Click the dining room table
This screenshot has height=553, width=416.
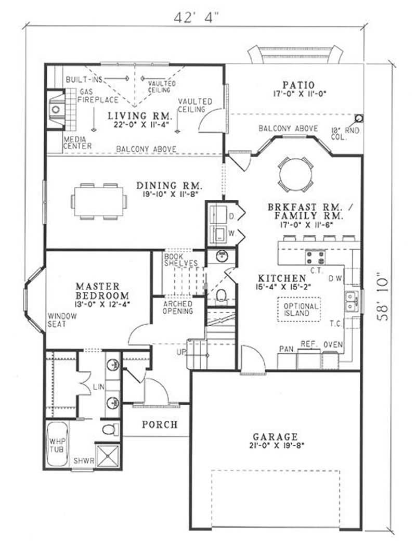(99, 201)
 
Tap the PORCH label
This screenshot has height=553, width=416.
(160, 425)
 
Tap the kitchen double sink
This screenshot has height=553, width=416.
(352, 302)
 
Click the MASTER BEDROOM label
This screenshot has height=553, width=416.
(97, 291)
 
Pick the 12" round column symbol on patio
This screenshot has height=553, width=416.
(358, 118)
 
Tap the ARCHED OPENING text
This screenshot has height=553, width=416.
(178, 307)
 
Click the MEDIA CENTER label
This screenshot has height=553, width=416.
(77, 143)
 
